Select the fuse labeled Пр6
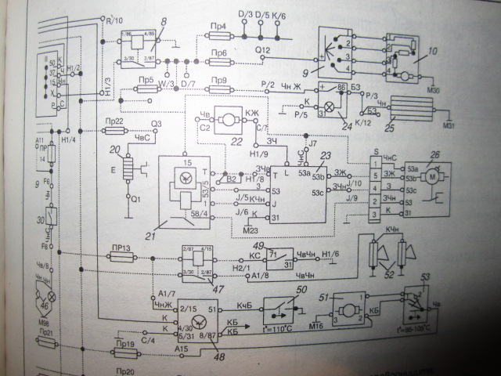click(x=220, y=63)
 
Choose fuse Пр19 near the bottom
click(x=124, y=350)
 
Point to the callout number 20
click(x=116, y=150)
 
